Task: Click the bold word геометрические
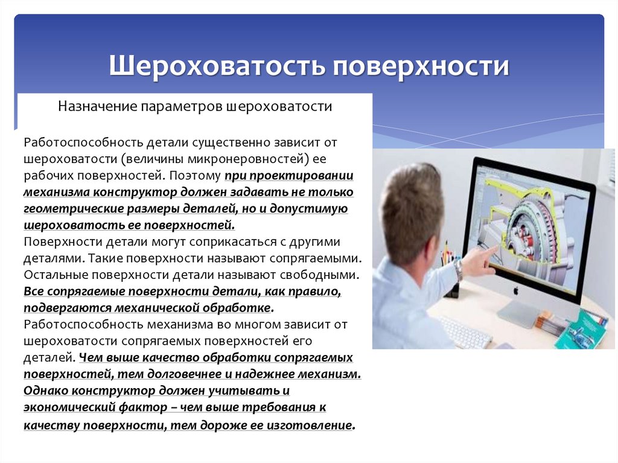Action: pyautogui.click(x=67, y=209)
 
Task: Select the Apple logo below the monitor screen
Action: pyautogui.click(x=516, y=290)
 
